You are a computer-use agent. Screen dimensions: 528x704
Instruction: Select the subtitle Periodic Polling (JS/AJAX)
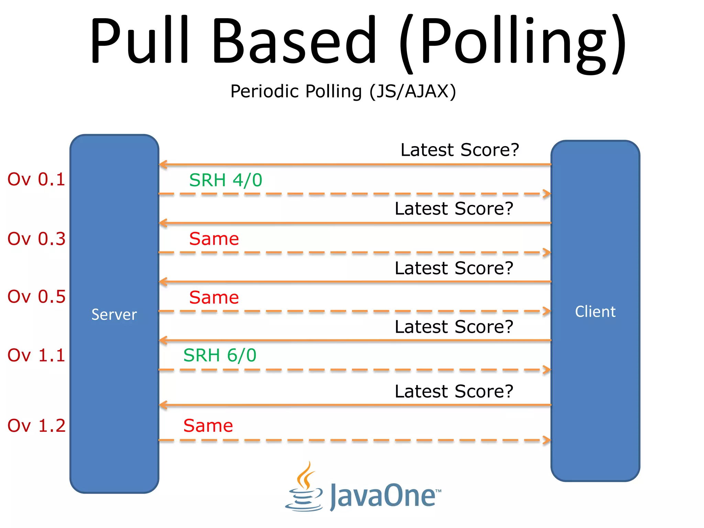(343, 91)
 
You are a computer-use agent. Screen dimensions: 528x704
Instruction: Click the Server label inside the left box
(114, 315)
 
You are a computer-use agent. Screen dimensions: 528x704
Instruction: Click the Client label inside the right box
(595, 312)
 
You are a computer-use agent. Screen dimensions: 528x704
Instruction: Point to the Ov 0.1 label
(36, 179)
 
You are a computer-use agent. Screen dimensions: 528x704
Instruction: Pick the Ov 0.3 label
(36, 239)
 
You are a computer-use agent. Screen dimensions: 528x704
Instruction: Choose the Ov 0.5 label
(36, 297)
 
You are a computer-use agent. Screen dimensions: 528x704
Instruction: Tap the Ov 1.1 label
(36, 355)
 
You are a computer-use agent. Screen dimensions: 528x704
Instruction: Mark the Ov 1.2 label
(36, 426)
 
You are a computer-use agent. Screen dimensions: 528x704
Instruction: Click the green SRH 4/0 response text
(225, 180)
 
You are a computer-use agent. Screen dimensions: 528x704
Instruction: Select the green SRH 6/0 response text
(220, 355)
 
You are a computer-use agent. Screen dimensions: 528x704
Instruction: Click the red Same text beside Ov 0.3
(214, 239)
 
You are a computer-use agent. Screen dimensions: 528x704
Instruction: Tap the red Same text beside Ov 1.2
(208, 426)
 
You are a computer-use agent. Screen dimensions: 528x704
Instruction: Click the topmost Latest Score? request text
(460, 150)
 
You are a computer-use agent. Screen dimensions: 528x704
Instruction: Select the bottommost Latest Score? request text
(454, 391)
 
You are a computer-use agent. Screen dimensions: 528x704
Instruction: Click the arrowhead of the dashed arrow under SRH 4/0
(547, 194)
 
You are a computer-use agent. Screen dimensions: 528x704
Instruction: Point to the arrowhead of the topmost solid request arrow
(163, 165)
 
